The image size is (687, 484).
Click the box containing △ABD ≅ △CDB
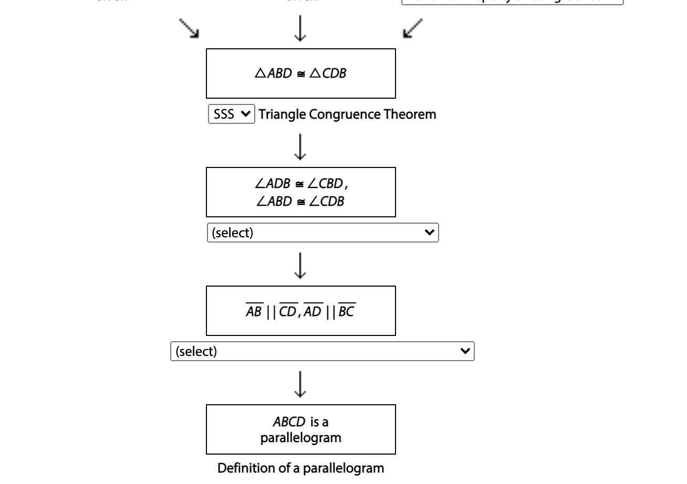point(300,73)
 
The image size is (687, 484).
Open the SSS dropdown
point(231,114)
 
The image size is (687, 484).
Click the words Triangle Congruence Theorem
point(347,114)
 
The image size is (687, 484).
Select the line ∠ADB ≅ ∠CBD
point(300,185)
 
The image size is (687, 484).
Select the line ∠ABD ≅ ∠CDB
point(300,201)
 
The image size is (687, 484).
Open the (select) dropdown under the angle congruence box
point(322,233)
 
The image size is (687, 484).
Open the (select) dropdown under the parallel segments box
point(322,351)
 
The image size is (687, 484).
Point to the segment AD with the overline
point(315,312)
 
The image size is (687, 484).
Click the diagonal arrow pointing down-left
point(412,28)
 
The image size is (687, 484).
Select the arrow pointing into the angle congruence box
point(300,147)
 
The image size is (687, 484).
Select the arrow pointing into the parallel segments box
point(300,266)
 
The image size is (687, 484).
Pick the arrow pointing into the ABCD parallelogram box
point(300,384)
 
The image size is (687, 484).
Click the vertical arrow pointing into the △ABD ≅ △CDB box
point(300,28)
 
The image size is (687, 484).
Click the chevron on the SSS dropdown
point(246,114)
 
